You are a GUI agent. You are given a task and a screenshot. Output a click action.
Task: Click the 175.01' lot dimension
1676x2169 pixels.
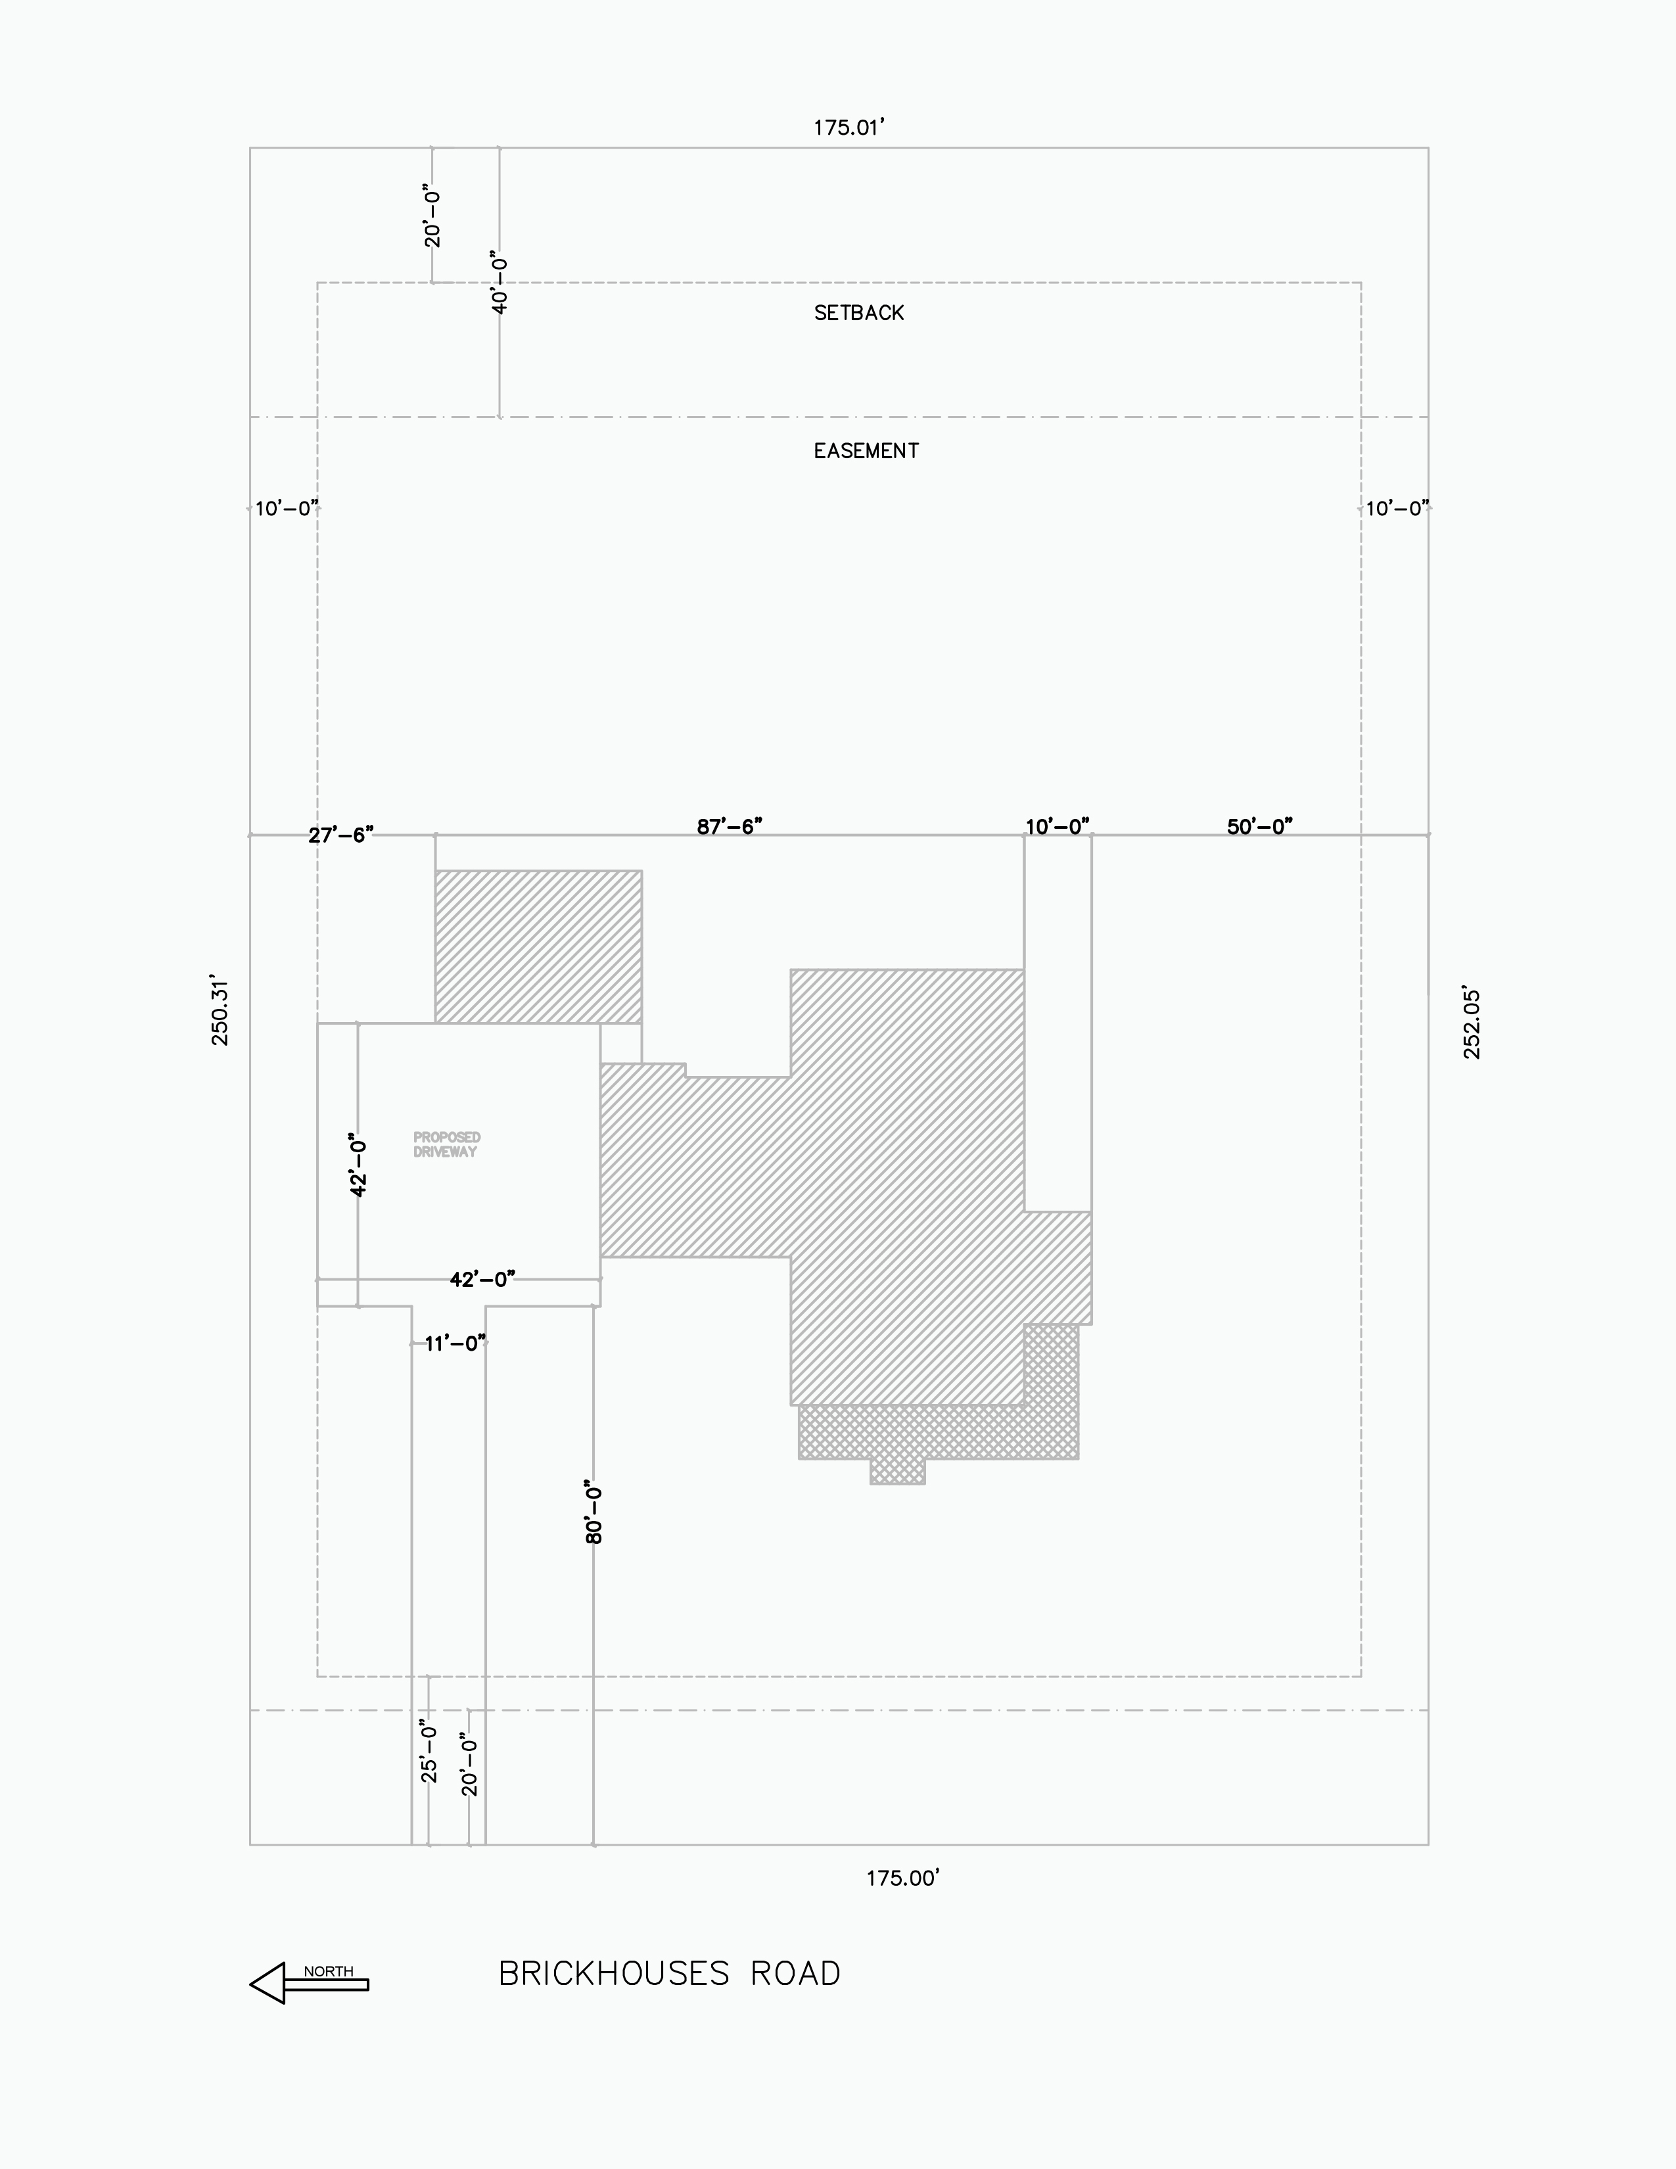coord(849,127)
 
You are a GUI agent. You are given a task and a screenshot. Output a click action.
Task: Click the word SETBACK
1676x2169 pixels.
coord(859,313)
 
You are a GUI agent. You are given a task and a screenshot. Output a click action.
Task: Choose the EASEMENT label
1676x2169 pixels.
coord(866,451)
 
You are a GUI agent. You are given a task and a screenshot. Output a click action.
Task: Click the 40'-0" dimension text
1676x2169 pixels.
coord(500,283)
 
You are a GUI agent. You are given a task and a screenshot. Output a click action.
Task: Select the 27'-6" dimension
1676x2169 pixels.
coord(340,835)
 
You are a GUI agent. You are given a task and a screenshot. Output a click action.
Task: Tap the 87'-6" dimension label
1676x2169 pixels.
coord(729,826)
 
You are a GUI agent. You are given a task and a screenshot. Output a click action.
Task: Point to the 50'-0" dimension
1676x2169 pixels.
coord(1260,826)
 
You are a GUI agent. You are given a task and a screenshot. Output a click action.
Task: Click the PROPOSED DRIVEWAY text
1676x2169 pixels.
coord(447,1144)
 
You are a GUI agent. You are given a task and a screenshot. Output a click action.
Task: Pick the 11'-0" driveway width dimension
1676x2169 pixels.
coord(455,1343)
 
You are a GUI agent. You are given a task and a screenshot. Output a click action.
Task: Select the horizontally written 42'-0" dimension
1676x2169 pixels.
coord(482,1279)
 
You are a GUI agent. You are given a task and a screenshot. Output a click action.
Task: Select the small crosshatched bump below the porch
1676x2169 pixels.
coord(898,1472)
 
